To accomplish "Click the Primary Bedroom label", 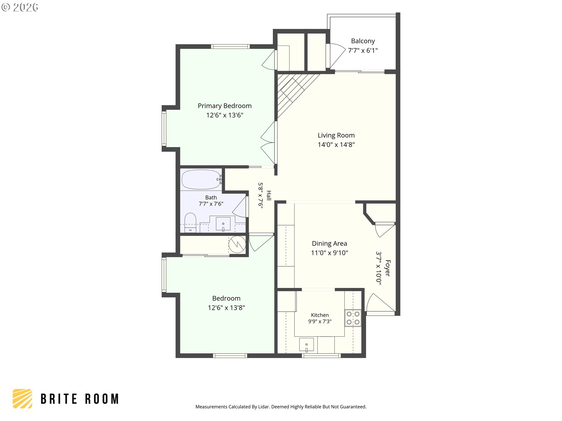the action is pos(225,106).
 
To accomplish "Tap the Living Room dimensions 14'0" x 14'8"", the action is pos(336,144).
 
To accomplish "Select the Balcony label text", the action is pos(363,41).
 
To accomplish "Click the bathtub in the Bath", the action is pos(202,180).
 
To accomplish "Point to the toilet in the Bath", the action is pos(190,222).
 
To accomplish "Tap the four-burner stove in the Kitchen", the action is pos(353,318).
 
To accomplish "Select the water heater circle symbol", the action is pos(237,244).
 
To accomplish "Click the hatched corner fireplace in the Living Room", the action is pos(293,91).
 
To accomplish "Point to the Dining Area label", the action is pos(329,244).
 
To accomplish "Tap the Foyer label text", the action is pos(388,268).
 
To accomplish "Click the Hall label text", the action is pos(269,195).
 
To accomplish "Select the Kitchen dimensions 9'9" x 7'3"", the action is pos(320,321).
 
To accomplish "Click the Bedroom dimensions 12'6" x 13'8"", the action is pos(226,308).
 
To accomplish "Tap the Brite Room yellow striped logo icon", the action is pos(22,398).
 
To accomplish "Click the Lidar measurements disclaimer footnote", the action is pos(281,407).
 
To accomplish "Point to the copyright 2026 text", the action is pos(20,7).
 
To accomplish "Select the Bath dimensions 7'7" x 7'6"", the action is pos(211,204).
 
